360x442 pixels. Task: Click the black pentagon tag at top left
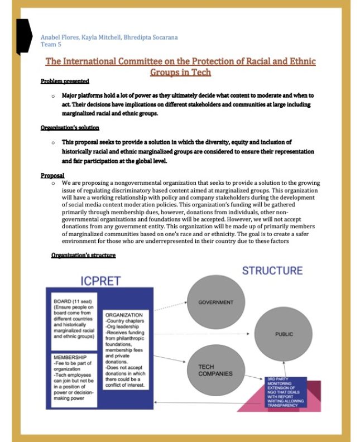pos(23,37)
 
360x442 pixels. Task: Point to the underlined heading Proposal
pos(52,175)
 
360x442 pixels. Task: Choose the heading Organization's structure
pos(83,255)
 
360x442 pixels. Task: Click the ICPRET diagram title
pos(100,280)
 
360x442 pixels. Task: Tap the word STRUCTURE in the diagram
pos(272,271)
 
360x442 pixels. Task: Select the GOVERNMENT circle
pos(215,302)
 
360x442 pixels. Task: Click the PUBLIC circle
pos(284,334)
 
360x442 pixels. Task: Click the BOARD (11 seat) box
pos(75,319)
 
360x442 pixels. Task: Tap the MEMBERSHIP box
pos(75,376)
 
